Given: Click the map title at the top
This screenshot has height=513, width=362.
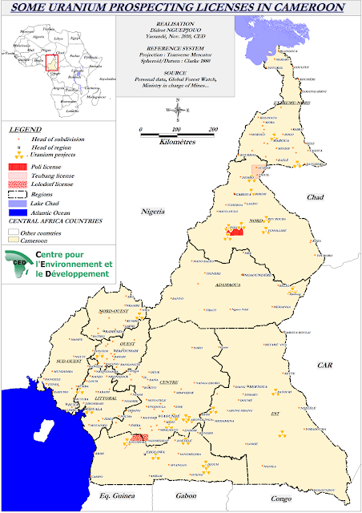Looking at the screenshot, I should point(181,7).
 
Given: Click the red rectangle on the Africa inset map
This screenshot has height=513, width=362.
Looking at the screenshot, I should point(52,62).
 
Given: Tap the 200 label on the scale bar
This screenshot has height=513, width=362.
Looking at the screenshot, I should point(213,129).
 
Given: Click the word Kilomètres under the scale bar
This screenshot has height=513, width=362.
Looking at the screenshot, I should point(177,141).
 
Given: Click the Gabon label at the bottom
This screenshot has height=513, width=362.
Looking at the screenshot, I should point(186,496).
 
